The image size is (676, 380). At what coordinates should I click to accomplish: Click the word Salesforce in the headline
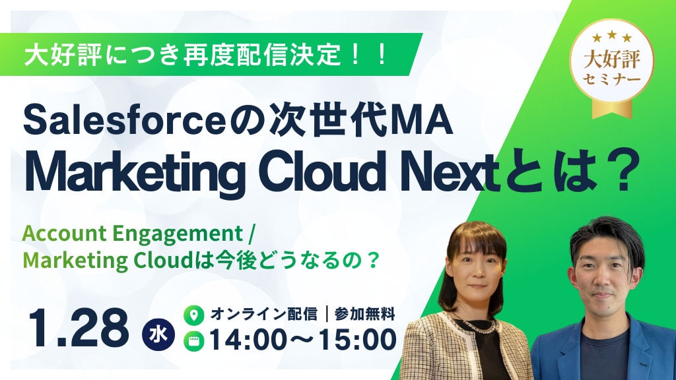click(124, 121)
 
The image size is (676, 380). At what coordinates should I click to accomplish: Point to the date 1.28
click(79, 328)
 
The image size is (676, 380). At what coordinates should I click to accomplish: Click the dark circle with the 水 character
click(158, 334)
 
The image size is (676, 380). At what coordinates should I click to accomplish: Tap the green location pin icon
click(194, 315)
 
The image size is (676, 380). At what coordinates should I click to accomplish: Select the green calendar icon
click(194, 341)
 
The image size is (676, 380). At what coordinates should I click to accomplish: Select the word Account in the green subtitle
click(65, 234)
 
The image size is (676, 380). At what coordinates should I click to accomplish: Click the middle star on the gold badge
click(612, 35)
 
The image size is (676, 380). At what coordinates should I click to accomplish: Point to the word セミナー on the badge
click(612, 80)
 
